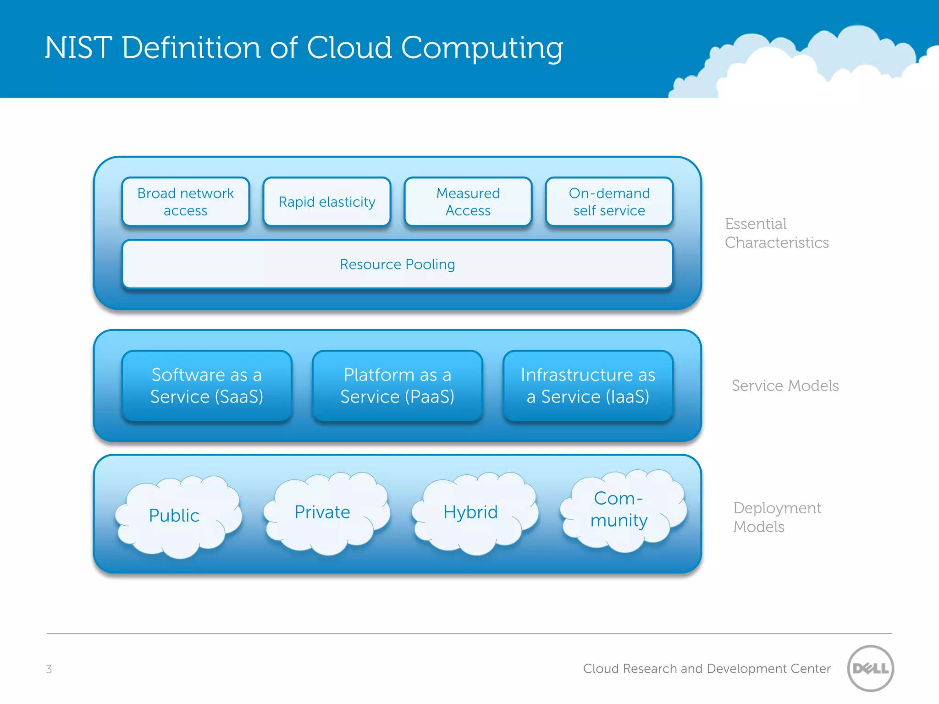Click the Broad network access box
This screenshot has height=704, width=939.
[186, 202]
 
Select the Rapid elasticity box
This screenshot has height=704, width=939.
[327, 202]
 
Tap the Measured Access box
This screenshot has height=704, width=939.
[468, 202]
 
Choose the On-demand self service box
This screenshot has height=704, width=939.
[609, 202]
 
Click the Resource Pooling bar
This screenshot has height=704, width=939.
[398, 264]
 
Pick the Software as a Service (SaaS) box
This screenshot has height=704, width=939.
[207, 385]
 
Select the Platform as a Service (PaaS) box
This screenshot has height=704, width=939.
[398, 385]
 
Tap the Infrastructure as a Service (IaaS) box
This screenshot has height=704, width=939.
[588, 385]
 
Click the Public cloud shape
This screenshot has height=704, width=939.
[177, 516]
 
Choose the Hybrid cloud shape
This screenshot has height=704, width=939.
[474, 512]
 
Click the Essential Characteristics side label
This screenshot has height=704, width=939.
[777, 233]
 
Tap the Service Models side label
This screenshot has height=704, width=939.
[785, 385]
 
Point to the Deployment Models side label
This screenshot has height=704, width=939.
[777, 517]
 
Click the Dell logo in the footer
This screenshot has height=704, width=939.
[870, 668]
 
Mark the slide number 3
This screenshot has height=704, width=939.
[49, 669]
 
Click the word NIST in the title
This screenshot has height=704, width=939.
[78, 48]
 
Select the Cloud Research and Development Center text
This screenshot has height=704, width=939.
[707, 669]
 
